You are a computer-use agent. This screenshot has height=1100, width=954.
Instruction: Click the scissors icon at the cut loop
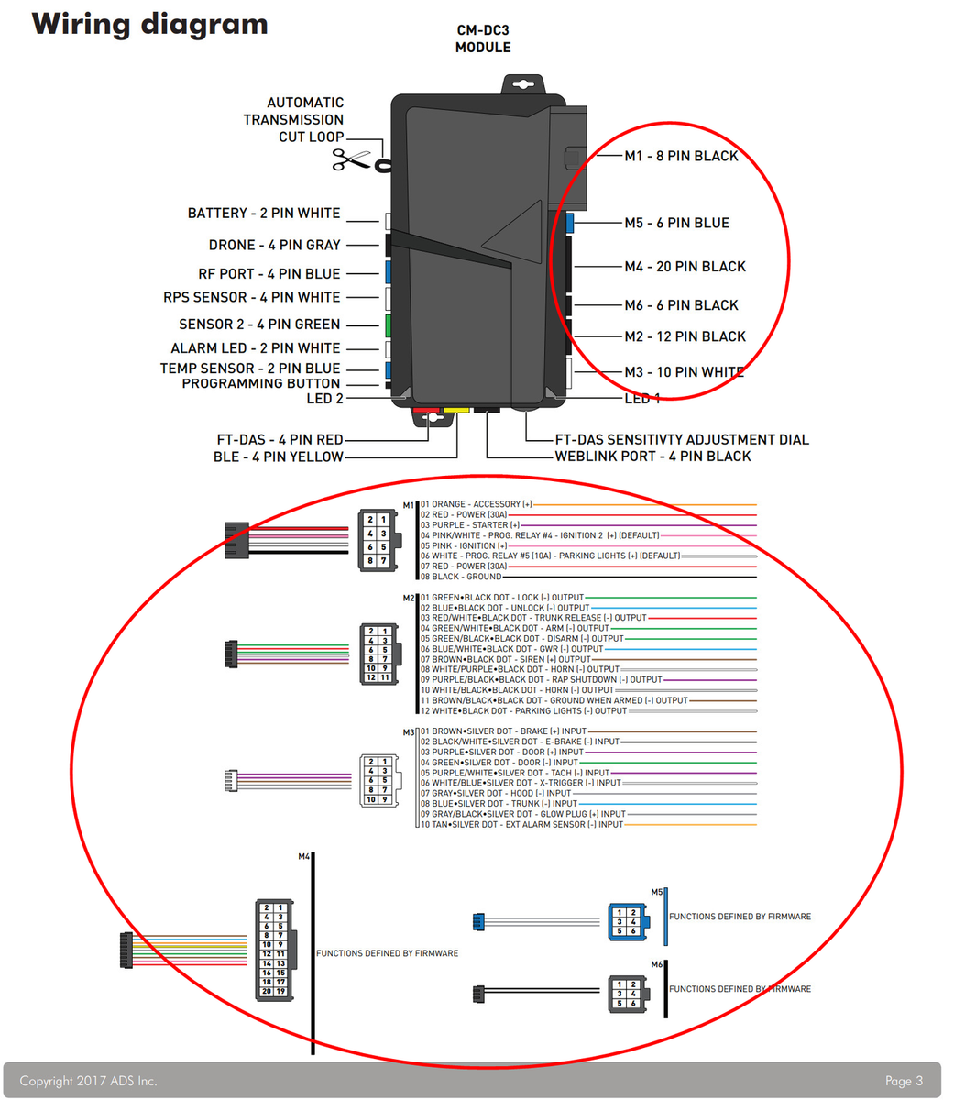(350, 159)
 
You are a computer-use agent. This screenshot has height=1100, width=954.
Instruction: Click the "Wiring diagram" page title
(150, 24)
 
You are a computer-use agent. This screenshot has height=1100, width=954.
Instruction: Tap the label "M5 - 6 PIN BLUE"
(676, 223)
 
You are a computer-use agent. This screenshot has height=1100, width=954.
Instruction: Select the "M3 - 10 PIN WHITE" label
(684, 372)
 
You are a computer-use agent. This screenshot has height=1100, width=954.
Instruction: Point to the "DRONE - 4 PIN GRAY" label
(274, 245)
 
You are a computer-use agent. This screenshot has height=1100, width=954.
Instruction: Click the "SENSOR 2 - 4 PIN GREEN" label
(259, 324)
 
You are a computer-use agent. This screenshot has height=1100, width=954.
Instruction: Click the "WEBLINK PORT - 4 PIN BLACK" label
(652, 456)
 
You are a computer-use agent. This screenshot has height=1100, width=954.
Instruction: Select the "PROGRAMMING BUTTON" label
(260, 383)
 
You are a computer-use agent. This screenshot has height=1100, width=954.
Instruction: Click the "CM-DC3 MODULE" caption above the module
(483, 38)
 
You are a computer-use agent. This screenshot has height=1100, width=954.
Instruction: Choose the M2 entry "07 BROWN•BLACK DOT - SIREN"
(505, 659)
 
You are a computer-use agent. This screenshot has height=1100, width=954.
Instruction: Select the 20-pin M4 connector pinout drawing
(274, 949)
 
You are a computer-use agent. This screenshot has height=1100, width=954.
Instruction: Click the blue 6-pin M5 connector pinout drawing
(628, 922)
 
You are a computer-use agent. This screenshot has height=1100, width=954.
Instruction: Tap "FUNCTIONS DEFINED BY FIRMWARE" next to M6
(740, 989)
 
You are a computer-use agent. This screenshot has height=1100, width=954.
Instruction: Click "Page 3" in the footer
(903, 1081)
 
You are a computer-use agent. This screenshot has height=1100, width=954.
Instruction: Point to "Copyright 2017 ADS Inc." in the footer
(88, 1081)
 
